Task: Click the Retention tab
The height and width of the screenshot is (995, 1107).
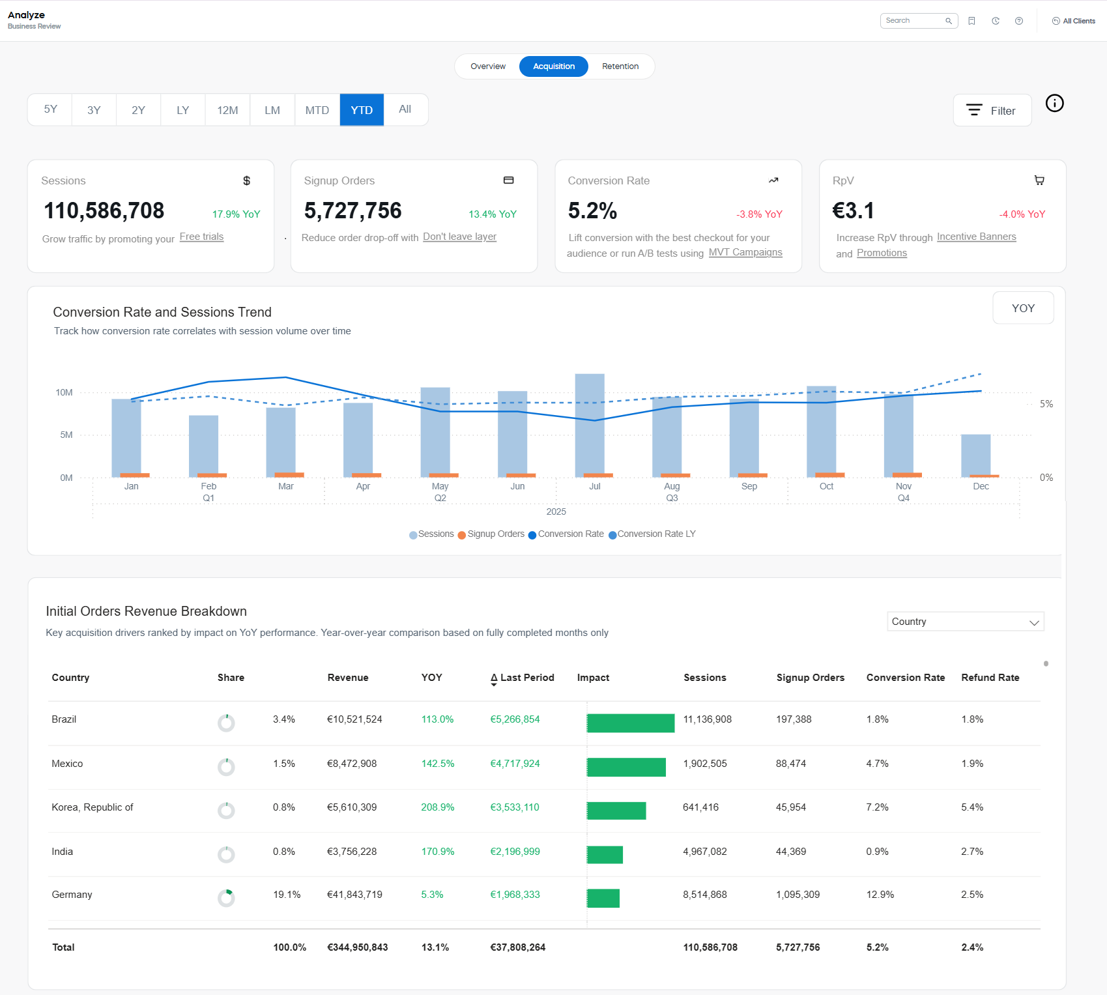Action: tap(620, 66)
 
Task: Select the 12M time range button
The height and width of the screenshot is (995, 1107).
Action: tap(227, 110)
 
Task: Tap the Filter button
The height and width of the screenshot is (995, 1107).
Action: tap(992, 111)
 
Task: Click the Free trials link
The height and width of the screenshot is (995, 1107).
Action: tap(201, 237)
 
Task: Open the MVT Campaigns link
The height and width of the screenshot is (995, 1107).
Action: tap(745, 252)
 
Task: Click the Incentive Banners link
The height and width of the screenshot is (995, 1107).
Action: tap(976, 237)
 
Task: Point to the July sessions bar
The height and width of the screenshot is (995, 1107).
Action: tap(590, 424)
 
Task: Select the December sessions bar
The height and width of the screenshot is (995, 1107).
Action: tap(975, 455)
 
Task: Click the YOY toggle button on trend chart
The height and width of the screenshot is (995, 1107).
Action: tap(1022, 308)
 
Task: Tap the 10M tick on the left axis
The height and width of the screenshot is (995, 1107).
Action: tap(64, 392)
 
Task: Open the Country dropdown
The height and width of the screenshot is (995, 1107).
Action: tap(965, 622)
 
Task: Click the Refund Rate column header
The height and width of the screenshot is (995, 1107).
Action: tap(990, 678)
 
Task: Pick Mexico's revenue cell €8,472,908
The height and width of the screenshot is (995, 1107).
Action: tap(352, 764)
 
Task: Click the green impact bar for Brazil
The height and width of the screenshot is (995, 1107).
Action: tap(630, 723)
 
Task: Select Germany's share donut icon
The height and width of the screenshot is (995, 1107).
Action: tap(226, 898)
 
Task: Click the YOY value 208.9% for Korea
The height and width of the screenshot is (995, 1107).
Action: tap(437, 807)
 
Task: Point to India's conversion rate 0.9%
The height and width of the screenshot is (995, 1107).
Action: tap(877, 852)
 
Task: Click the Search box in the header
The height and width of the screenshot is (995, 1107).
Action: tap(913, 21)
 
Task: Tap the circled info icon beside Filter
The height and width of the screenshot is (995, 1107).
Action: tap(1054, 103)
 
